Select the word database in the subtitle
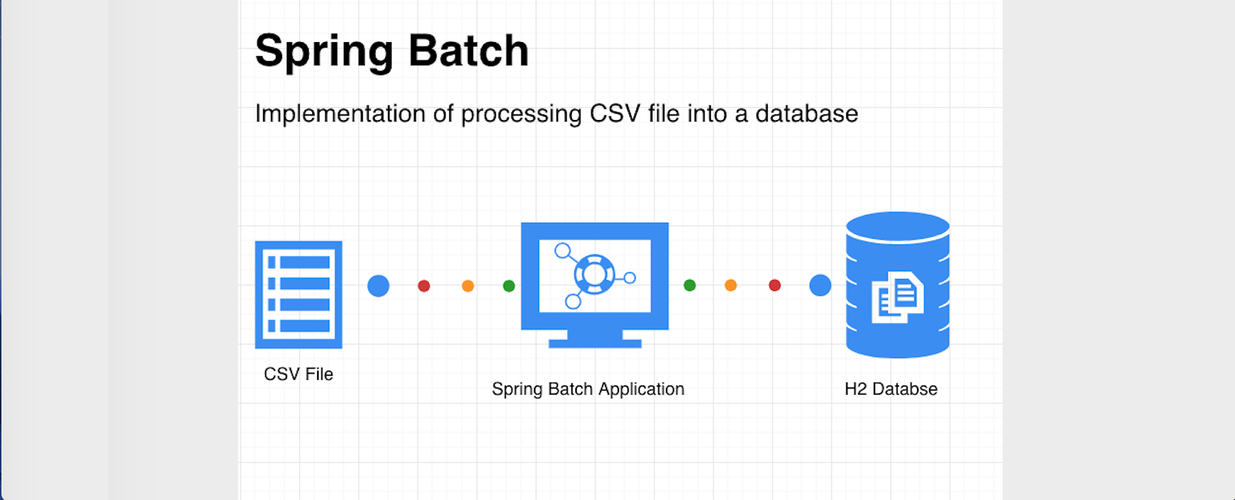(806, 114)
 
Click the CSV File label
(298, 374)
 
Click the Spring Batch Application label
(587, 389)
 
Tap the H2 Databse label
(890, 389)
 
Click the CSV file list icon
(298, 294)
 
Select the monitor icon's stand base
(594, 343)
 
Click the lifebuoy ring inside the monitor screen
(594, 275)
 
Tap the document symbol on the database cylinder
(897, 297)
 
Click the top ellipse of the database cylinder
(897, 226)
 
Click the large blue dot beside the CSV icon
(378, 286)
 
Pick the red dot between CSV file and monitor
(424, 286)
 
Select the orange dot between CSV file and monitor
(468, 286)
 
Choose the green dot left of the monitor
(509, 286)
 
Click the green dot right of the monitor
(690, 285)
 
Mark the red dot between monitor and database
(775, 285)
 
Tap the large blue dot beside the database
(820, 285)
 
